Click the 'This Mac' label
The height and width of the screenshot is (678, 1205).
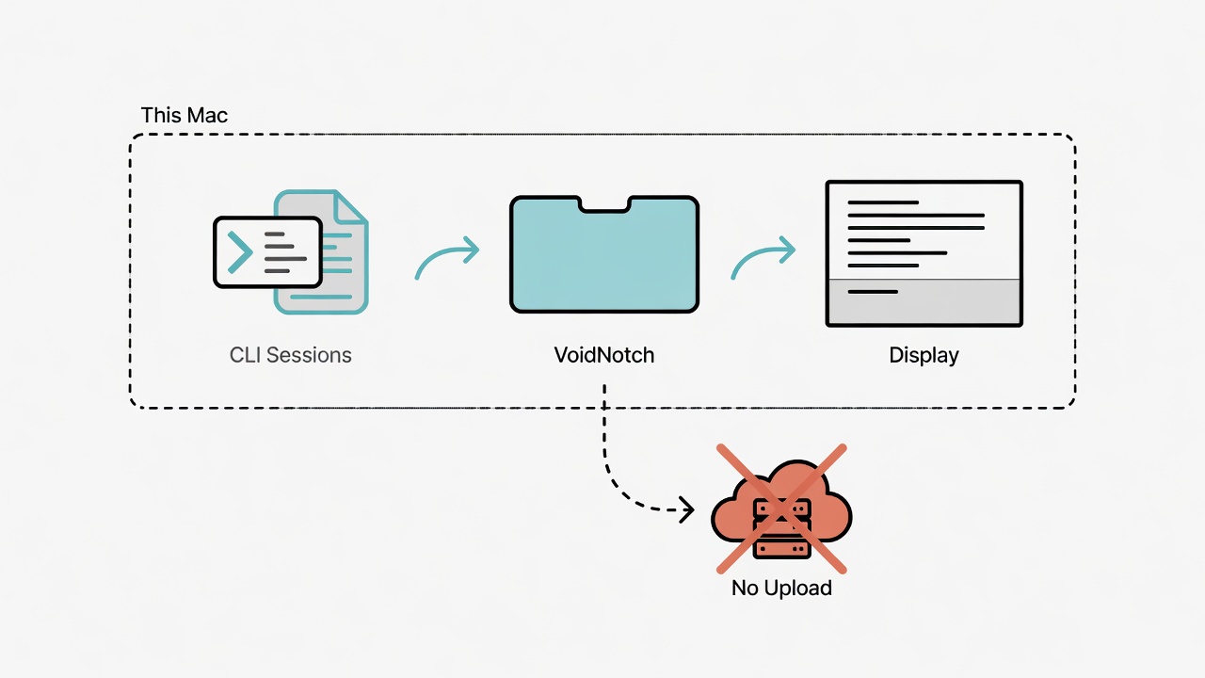[184, 115]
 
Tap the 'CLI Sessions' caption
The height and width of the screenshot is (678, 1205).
[291, 355]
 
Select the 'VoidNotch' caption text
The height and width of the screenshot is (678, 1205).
[604, 355]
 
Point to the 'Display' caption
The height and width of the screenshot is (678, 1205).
[924, 356]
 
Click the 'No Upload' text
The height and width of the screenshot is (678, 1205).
[781, 588]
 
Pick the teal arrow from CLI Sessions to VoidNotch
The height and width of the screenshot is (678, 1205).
[444, 253]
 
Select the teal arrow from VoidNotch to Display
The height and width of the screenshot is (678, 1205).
[761, 253]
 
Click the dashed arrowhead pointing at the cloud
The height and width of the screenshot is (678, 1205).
[687, 509]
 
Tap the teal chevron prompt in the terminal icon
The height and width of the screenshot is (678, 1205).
[240, 251]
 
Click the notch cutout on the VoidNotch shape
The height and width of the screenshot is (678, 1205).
[604, 204]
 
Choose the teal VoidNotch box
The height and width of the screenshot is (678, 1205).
[604, 254]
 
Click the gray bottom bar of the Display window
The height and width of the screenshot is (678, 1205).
[924, 302]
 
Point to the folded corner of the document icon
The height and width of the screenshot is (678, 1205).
[349, 207]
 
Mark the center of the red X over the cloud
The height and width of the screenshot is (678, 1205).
[781, 508]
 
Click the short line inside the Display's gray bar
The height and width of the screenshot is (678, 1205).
[873, 292]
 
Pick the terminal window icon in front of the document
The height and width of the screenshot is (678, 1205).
[267, 252]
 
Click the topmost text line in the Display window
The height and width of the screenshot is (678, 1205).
[883, 202]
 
